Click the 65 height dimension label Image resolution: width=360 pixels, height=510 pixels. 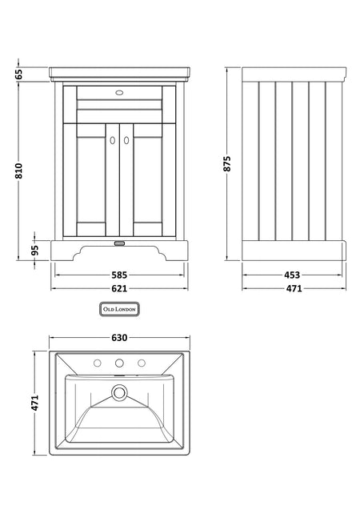tap(19, 74)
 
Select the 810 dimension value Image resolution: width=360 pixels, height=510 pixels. tap(19, 171)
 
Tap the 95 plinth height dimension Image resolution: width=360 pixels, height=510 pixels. tap(35, 250)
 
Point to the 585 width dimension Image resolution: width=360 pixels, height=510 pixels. tap(119, 275)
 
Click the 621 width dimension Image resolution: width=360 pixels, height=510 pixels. tap(119, 288)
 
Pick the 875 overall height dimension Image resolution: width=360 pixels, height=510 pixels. tap(227, 163)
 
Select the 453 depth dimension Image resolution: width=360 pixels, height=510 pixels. tap(292, 275)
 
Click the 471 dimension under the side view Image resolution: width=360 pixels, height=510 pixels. tap(294, 288)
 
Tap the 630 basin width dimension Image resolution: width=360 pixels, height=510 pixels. tap(119, 338)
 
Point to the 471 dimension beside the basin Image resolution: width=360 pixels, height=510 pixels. tap(35, 403)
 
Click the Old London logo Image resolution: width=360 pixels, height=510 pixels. tap(119, 309)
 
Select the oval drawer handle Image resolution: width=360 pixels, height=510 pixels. tap(119, 93)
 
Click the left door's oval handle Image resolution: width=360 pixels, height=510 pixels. tap(113, 140)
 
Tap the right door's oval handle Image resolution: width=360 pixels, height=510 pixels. tap(126, 140)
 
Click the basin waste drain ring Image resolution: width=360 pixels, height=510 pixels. tap(119, 392)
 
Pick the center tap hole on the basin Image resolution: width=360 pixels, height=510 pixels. tap(119, 363)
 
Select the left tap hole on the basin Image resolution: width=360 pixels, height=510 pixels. tap(97, 363)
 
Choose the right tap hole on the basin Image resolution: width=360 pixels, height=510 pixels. tap(142, 363)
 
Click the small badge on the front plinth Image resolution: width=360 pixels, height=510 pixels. tap(119, 243)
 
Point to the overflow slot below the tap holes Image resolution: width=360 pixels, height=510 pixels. tap(119, 375)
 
